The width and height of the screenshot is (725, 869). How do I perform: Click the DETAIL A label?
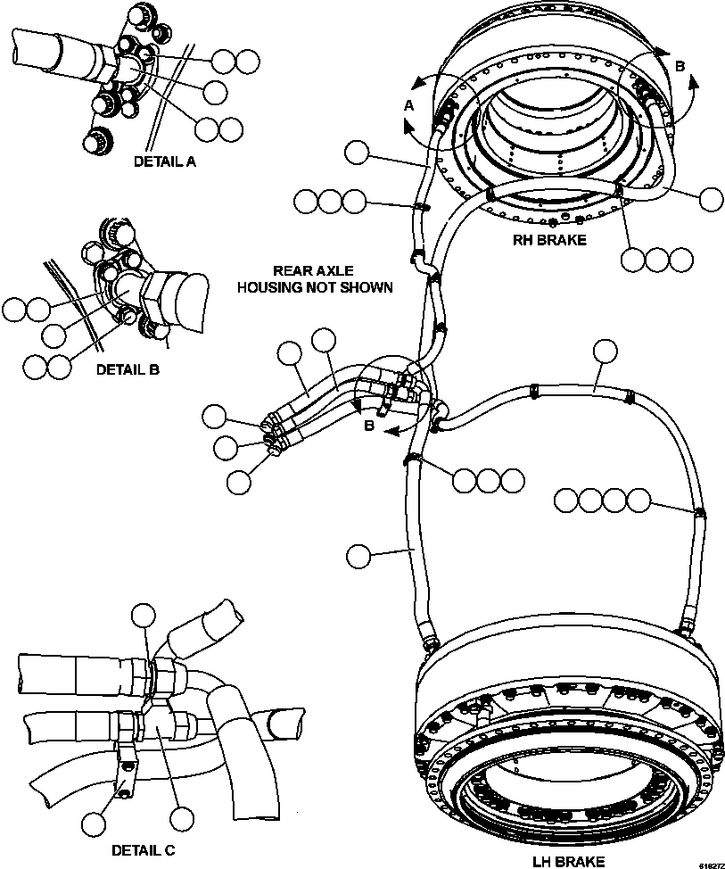click(164, 161)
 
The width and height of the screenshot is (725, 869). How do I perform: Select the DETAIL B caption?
click(127, 367)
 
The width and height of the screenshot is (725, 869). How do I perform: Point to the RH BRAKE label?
click(549, 239)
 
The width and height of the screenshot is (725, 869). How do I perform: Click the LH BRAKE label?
click(568, 861)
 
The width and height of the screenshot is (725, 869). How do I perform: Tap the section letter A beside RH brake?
click(409, 105)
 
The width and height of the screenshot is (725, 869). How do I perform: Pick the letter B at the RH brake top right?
click(680, 65)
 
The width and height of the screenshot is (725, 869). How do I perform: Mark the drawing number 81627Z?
click(711, 864)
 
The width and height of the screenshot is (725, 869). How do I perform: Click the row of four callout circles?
click(602, 501)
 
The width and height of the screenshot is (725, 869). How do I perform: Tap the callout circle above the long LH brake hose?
click(606, 351)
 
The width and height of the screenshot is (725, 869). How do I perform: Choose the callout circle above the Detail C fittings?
click(144, 615)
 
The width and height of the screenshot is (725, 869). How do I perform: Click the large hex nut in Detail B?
click(158, 294)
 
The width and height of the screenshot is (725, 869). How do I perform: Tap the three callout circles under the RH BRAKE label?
click(656, 260)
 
